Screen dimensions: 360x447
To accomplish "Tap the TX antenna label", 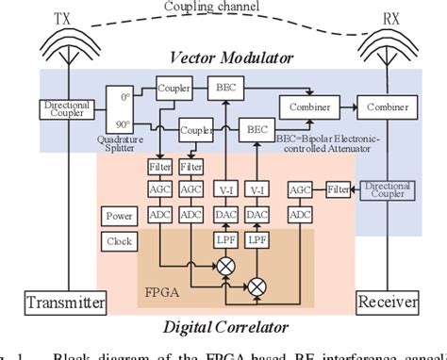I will pyautogui.click(x=61, y=16).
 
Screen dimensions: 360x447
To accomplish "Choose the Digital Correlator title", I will pyautogui.click(x=223, y=327).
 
